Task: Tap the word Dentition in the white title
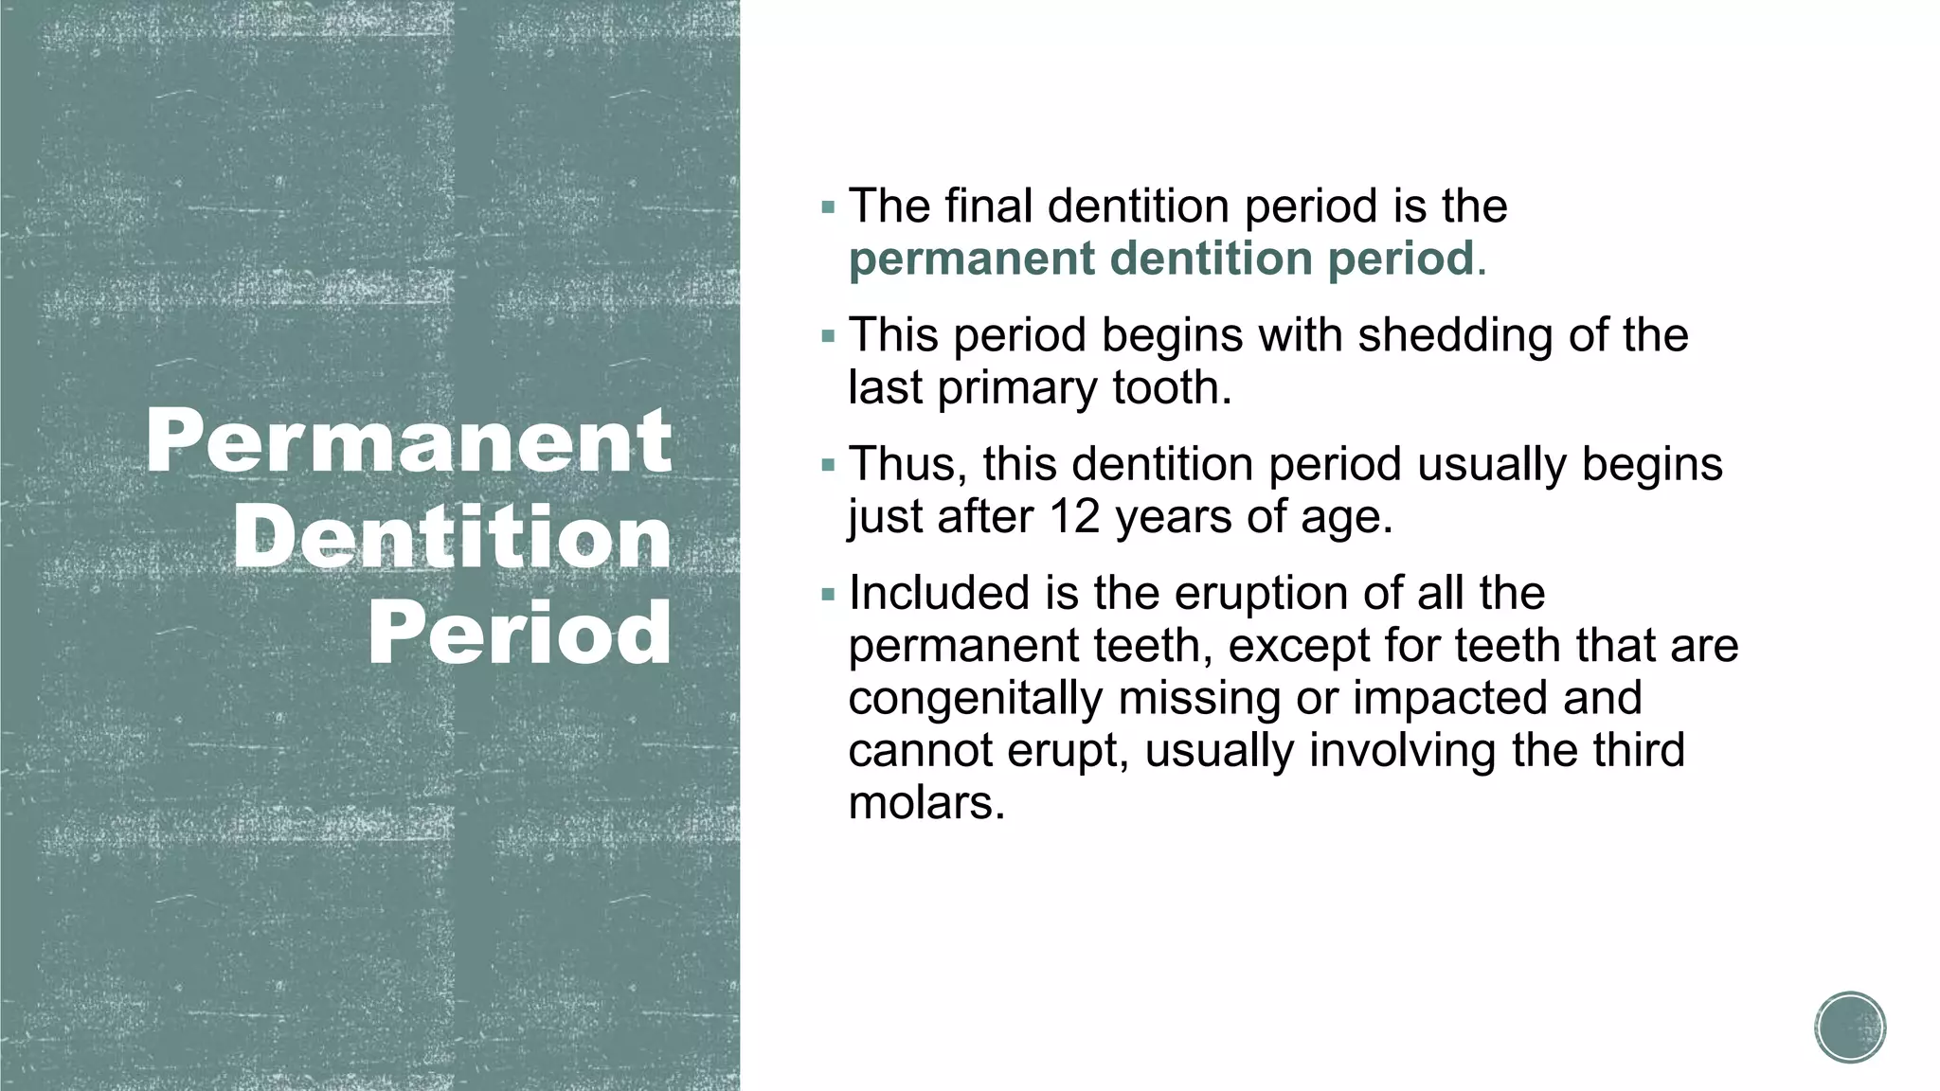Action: click(x=452, y=537)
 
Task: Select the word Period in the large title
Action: click(x=519, y=633)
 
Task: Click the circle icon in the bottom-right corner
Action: click(x=1850, y=1028)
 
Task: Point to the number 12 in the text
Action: click(x=1074, y=517)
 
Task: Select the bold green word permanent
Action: click(x=971, y=259)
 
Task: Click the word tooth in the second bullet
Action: click(x=1172, y=388)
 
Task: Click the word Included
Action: click(x=939, y=594)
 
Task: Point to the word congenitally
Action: click(x=975, y=699)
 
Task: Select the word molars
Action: click(x=925, y=803)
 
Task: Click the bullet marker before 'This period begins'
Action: click(x=829, y=336)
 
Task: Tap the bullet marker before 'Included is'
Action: click(x=829, y=595)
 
